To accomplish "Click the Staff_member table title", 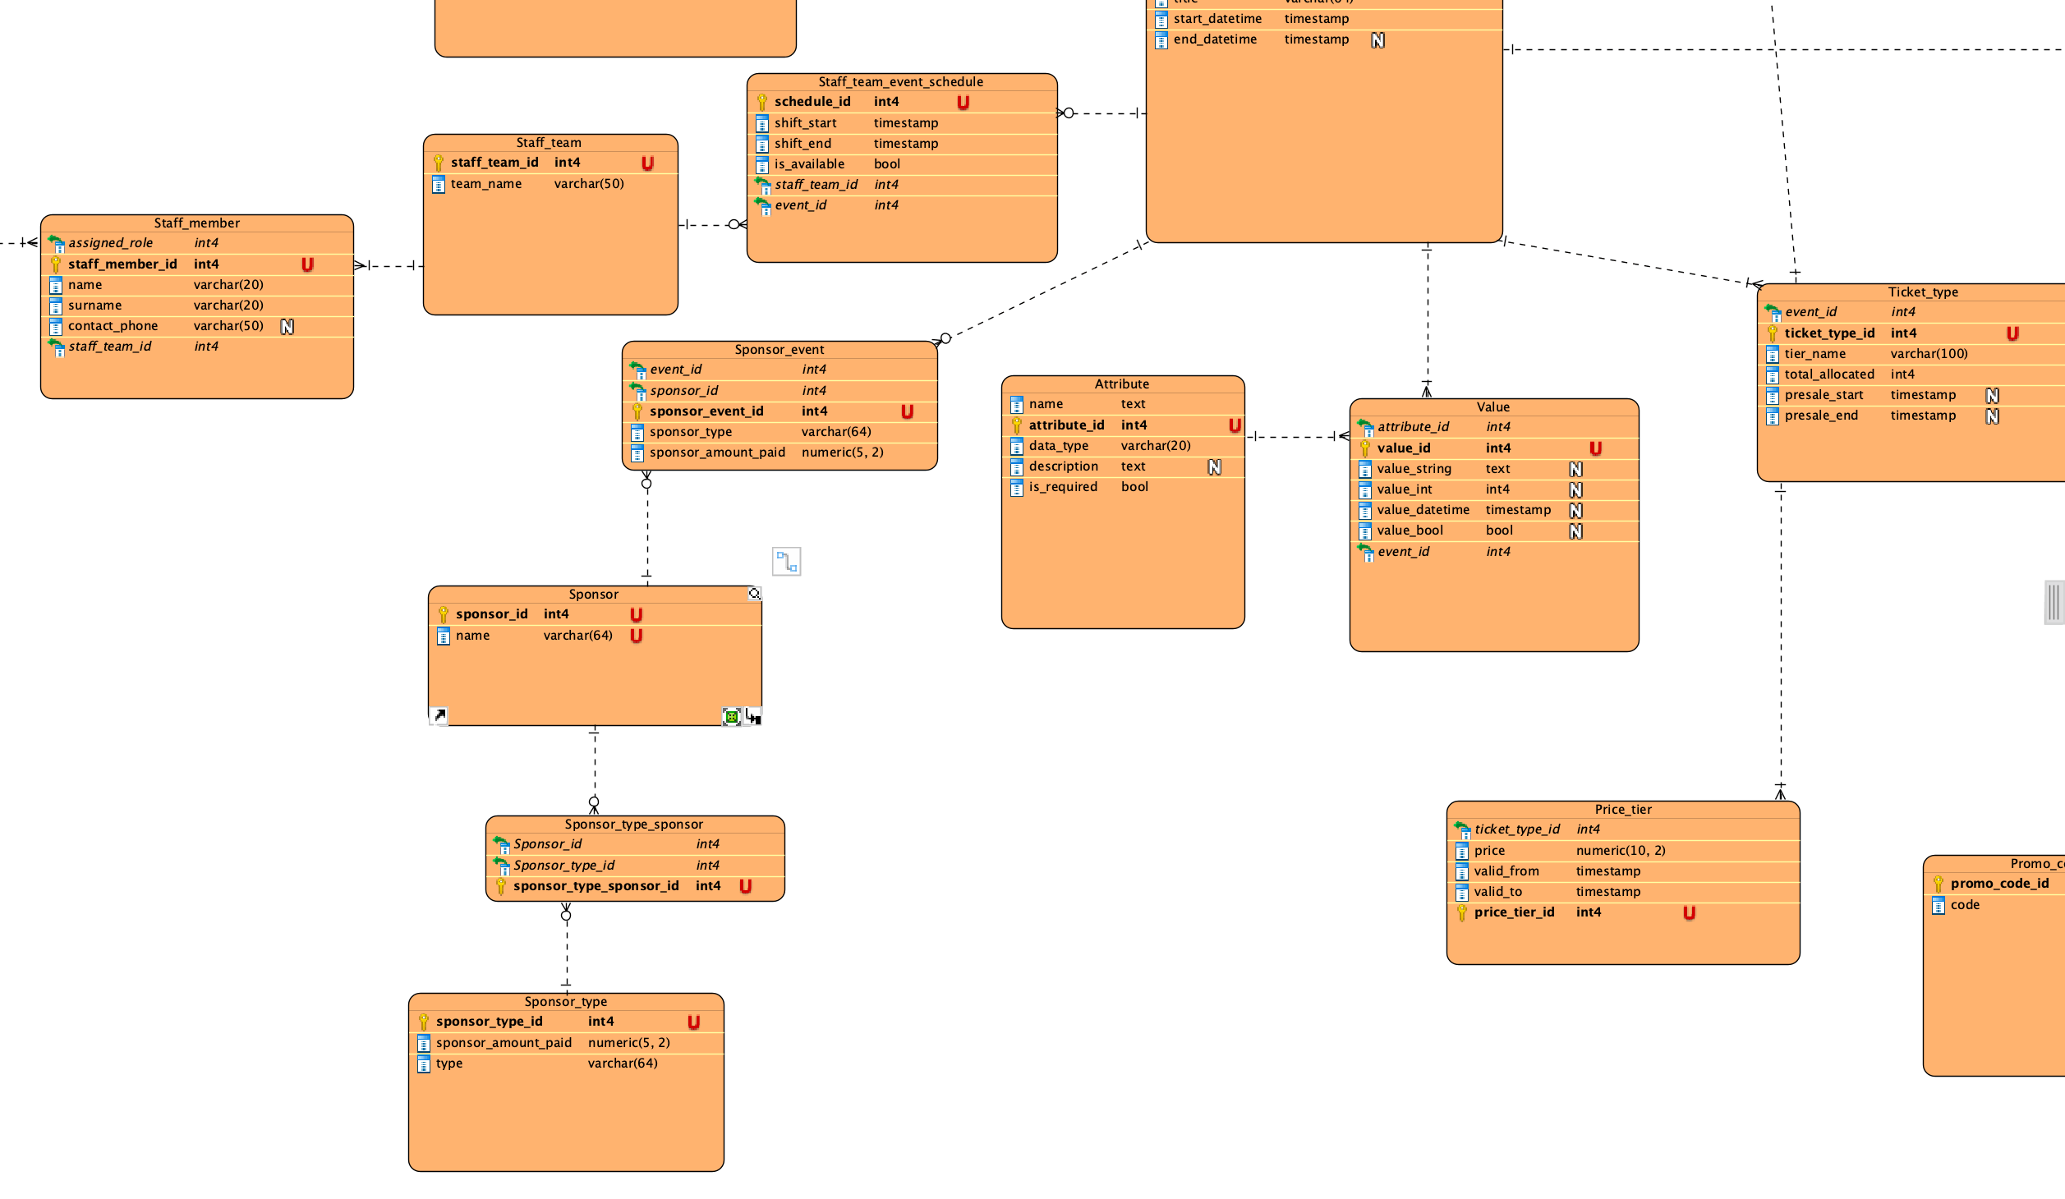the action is pyautogui.click(x=197, y=223).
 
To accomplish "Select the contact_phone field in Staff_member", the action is pyautogui.click(x=113, y=326).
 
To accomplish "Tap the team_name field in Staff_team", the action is pyautogui.click(x=486, y=184).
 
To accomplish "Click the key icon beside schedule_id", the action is pyautogui.click(x=762, y=103).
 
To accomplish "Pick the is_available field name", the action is pyautogui.click(x=809, y=164).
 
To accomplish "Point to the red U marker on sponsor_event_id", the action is pyautogui.click(x=907, y=411).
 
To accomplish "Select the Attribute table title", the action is pyautogui.click(x=1122, y=384).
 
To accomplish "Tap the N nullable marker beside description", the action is pyautogui.click(x=1215, y=467).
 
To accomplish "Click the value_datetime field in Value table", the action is pyautogui.click(x=1423, y=510).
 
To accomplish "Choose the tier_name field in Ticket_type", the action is pyautogui.click(x=1815, y=354).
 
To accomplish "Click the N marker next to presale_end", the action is pyautogui.click(x=1992, y=416).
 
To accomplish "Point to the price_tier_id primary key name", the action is pyautogui.click(x=1514, y=912).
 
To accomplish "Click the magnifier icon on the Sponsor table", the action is pyautogui.click(x=754, y=594).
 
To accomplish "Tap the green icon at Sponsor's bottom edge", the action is pyautogui.click(x=731, y=717).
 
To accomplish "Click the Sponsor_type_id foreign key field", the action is pyautogui.click(x=563, y=866).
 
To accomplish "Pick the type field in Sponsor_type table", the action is pyautogui.click(x=449, y=1063).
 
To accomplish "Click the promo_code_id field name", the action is pyautogui.click(x=2000, y=884).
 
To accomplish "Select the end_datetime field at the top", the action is pyautogui.click(x=1215, y=39).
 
